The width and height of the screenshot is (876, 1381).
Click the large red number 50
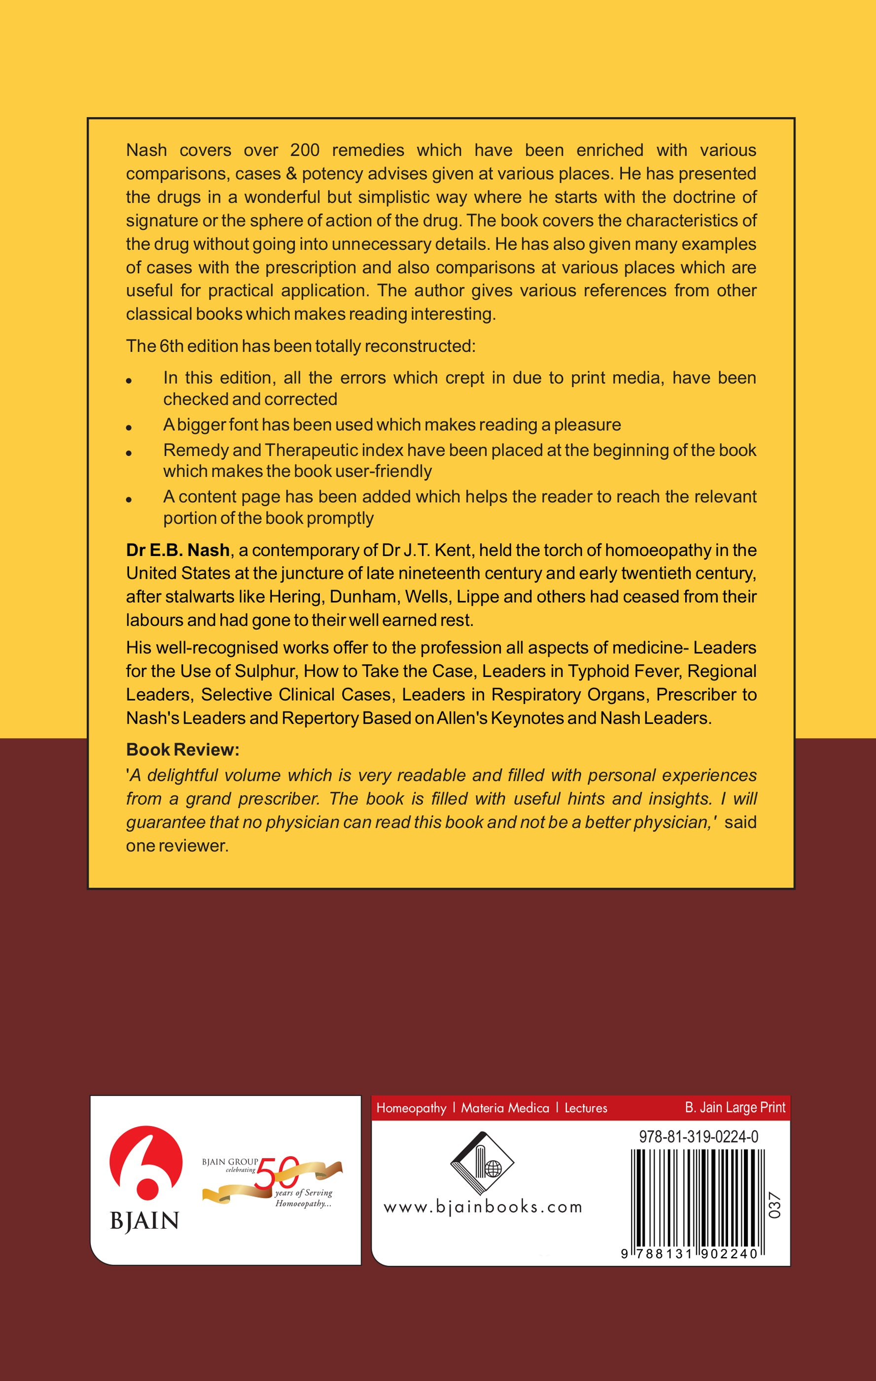coord(277,1173)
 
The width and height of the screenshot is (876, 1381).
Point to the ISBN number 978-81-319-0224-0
coord(698,1136)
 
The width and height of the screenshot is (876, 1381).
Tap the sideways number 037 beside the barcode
coord(774,1205)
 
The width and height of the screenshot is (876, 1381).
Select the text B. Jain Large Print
coord(735,1107)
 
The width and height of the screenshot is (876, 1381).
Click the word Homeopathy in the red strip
coord(411,1108)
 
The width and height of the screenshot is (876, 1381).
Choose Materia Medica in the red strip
coord(505,1108)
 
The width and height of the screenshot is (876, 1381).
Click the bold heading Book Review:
coord(182,749)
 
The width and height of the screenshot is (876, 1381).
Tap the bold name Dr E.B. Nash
coord(178,550)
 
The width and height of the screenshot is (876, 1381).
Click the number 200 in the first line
coord(305,150)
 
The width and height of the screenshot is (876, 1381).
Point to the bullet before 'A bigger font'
coord(129,427)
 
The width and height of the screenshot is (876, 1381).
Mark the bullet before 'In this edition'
coord(129,380)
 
